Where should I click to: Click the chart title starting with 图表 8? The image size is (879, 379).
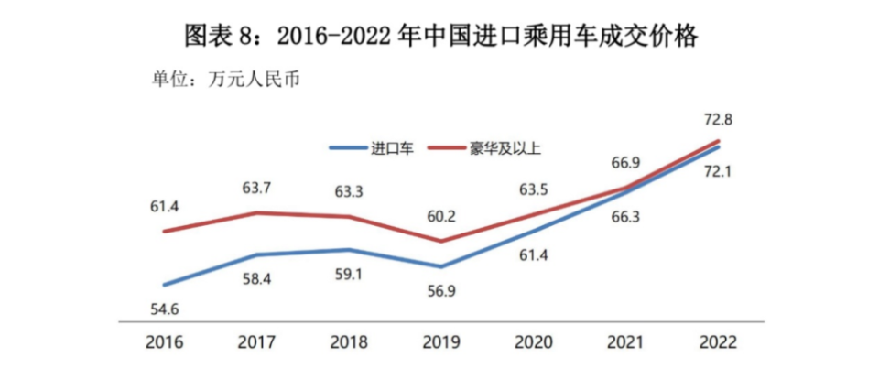tap(440, 35)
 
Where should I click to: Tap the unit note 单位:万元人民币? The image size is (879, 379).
tap(226, 78)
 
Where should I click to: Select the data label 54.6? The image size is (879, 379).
tap(165, 309)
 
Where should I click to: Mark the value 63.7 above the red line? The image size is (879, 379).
tap(257, 189)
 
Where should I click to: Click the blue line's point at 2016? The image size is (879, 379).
tap(165, 285)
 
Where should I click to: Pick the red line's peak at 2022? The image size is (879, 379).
tap(717, 141)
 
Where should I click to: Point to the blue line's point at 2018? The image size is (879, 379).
tap(350, 249)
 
